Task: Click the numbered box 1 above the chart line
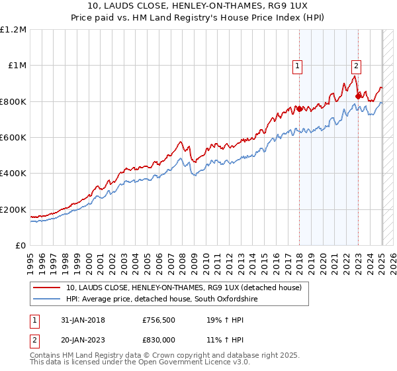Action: coord(298,66)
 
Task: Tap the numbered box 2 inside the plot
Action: coord(356,66)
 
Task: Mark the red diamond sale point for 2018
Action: coord(299,109)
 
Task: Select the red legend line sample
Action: coord(47,288)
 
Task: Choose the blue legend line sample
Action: coord(47,299)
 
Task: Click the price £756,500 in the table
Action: coord(161,320)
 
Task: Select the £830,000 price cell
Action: coord(161,339)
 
